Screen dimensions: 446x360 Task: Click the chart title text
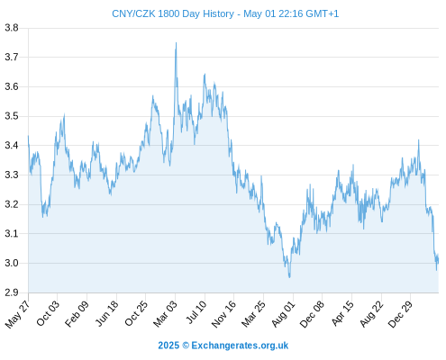click(x=225, y=13)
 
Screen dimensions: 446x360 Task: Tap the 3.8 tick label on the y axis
click(x=12, y=28)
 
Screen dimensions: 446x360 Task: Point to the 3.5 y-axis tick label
click(x=12, y=116)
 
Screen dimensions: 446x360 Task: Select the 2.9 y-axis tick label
click(x=12, y=292)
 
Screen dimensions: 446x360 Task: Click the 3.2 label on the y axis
click(x=12, y=204)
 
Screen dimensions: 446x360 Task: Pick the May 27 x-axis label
click(x=17, y=314)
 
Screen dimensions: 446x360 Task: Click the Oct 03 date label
click(x=48, y=313)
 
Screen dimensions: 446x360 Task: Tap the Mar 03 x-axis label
click(x=165, y=314)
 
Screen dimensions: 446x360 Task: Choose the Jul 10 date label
click(x=196, y=312)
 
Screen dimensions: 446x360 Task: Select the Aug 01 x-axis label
click(x=283, y=314)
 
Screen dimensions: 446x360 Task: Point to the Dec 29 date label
click(x=400, y=314)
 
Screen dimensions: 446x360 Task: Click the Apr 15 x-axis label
click(x=342, y=313)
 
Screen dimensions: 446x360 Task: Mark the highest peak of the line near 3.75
click(x=176, y=43)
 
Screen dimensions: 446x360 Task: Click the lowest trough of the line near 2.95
click(x=289, y=277)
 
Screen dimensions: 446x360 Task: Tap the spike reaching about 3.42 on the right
click(x=419, y=140)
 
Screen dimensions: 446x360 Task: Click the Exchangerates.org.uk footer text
click(x=240, y=346)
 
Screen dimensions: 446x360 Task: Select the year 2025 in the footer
click(x=168, y=346)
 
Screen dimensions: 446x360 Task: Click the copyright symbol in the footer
click(x=186, y=346)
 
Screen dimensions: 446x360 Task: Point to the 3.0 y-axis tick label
click(x=12, y=263)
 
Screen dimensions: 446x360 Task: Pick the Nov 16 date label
click(x=223, y=314)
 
